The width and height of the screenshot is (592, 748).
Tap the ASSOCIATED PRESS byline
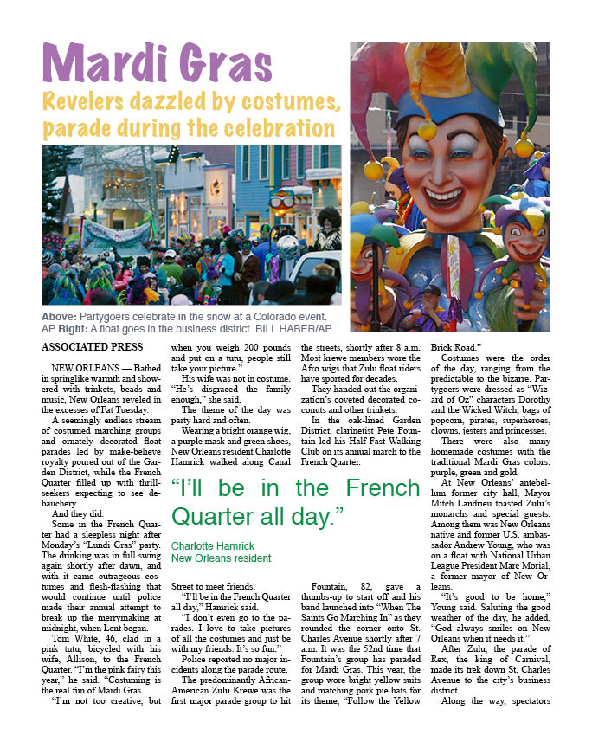pos(91,347)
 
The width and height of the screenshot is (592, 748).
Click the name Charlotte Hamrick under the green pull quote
pos(213,546)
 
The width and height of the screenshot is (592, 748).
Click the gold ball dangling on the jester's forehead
pos(427,130)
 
